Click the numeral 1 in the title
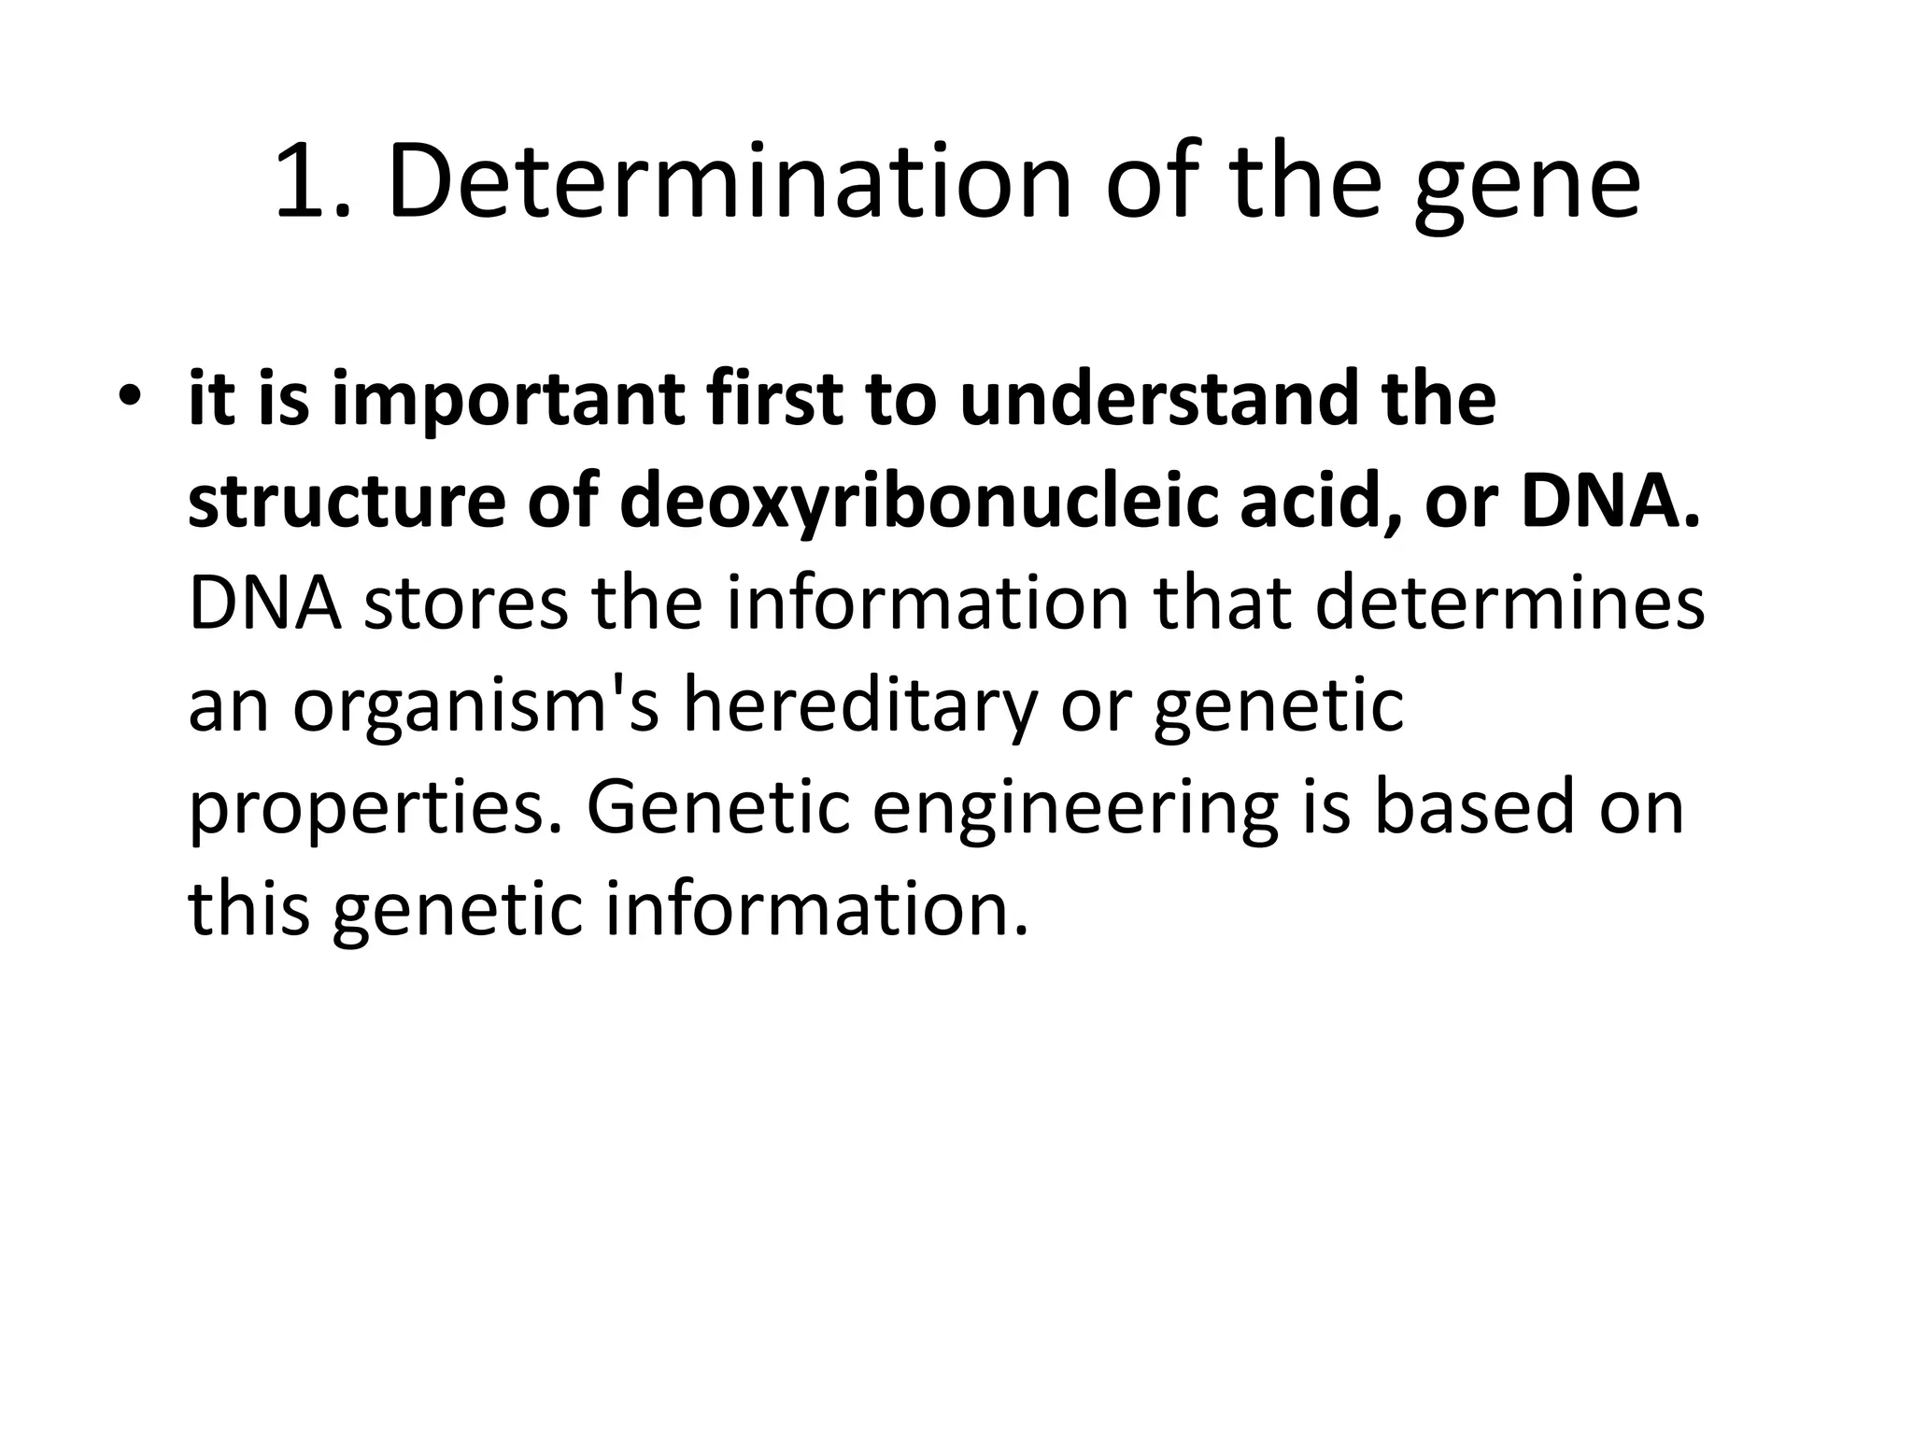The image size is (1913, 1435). [x=308, y=182]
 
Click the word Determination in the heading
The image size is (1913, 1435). [x=729, y=182]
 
